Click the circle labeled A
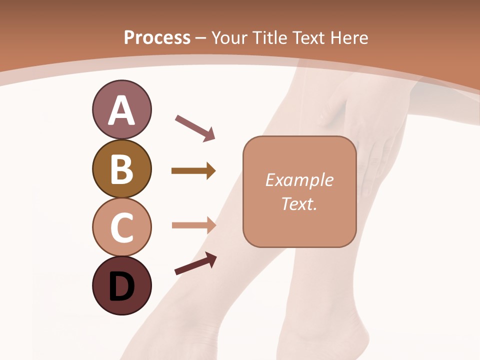click(121, 109)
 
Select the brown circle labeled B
click(121, 169)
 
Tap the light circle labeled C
click(121, 227)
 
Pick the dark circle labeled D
click(121, 285)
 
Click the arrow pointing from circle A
click(195, 128)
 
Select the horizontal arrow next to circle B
click(193, 171)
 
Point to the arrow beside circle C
click(193, 225)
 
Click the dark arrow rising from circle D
click(195, 263)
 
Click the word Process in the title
click(157, 37)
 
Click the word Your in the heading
click(229, 37)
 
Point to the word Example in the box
click(299, 180)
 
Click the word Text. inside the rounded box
click(299, 204)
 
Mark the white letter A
click(121, 110)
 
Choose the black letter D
click(121, 287)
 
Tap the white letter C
click(121, 228)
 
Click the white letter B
click(121, 169)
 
